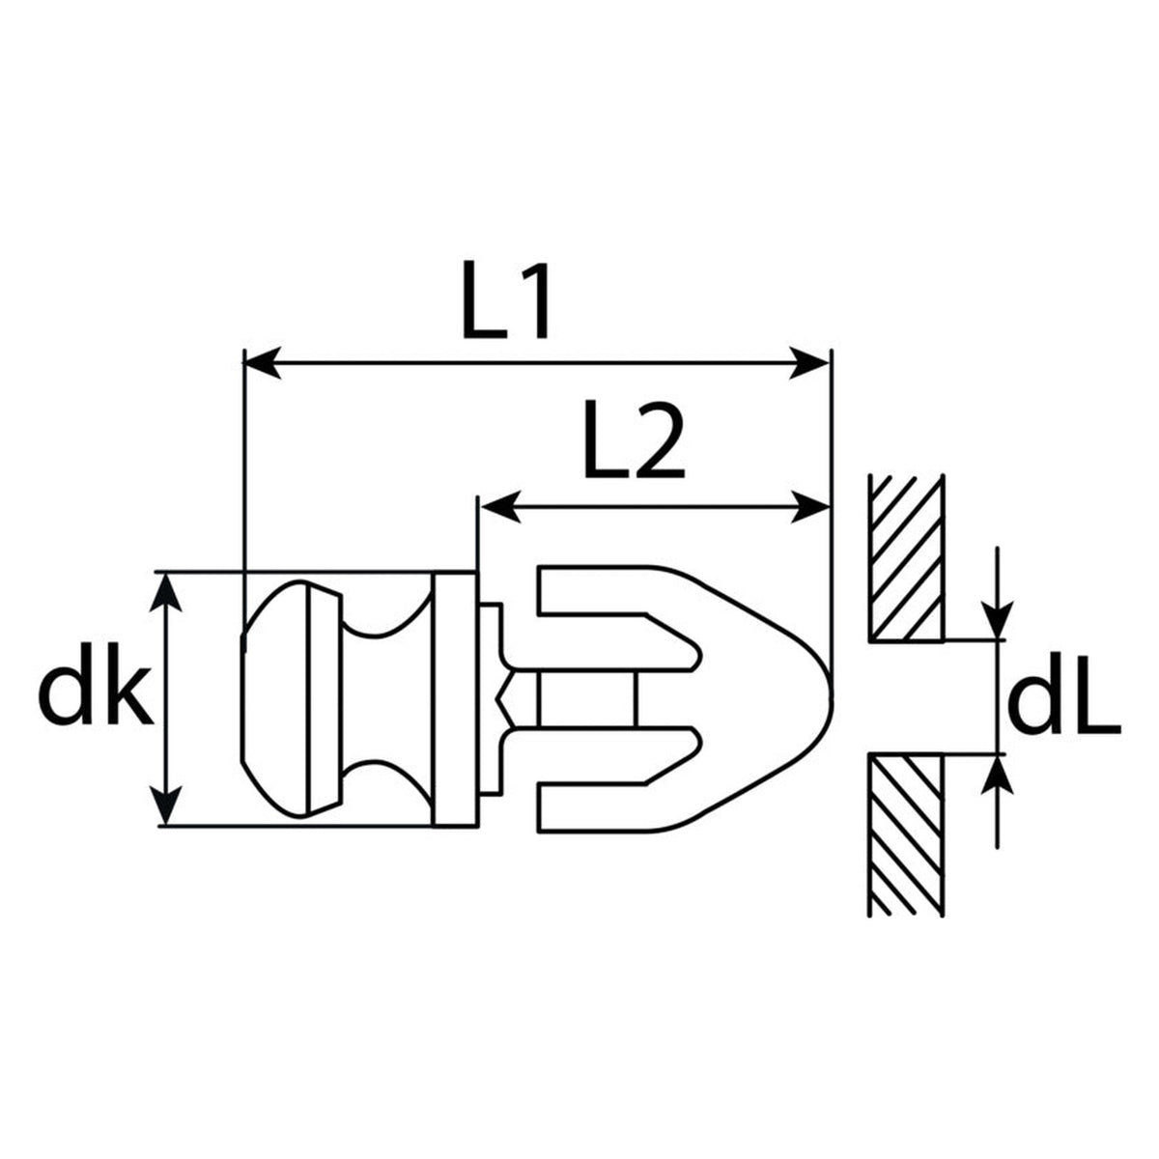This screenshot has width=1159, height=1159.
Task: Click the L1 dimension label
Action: pos(505,300)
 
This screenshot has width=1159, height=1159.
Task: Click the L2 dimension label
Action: pos(635,439)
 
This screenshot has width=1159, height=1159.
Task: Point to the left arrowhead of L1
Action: pos(263,363)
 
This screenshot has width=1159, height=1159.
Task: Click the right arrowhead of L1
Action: pos(809,363)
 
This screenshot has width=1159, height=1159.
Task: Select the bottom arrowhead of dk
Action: pos(166,806)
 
